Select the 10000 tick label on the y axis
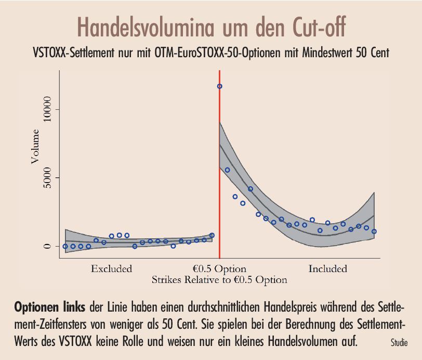48,109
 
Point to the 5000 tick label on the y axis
48,178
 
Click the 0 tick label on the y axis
48,246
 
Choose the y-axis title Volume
35,147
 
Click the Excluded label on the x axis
111,269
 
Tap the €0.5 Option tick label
219,269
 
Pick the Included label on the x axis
327,269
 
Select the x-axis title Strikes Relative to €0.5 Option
219,280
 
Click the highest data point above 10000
219,86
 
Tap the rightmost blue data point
374,232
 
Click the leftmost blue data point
65,246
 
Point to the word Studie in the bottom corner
399,343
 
